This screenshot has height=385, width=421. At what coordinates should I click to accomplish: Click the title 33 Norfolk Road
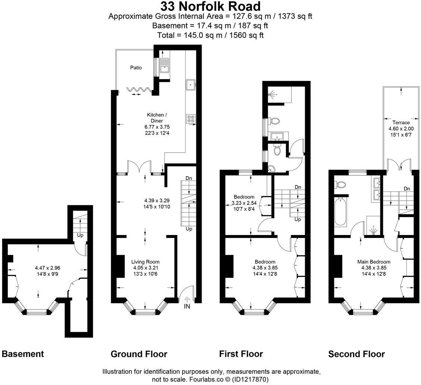[x=210, y=6]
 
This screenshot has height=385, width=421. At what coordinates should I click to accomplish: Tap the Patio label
[x=136, y=68]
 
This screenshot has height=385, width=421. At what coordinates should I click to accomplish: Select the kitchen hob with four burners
[x=190, y=119]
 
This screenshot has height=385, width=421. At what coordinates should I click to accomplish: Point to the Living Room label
[x=146, y=262]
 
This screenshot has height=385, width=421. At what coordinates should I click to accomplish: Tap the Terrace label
[x=401, y=122]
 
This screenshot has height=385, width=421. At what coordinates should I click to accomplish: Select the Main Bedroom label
[x=374, y=262]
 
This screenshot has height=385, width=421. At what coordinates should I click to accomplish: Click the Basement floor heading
[x=23, y=354]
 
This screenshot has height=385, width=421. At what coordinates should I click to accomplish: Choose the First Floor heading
[x=241, y=354]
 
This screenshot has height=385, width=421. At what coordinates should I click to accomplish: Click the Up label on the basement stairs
[x=80, y=235]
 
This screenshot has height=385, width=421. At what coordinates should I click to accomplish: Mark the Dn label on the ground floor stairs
[x=189, y=178]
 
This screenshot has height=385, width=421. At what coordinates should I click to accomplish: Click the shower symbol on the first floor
[x=274, y=94]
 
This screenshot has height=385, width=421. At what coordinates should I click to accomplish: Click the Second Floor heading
[x=356, y=354]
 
